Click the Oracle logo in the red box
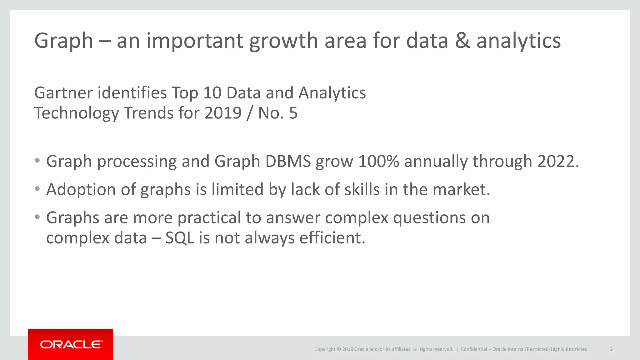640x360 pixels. pyautogui.click(x=71, y=344)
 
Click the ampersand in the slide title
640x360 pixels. pyautogui.click(x=462, y=41)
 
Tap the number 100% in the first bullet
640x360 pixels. pyautogui.click(x=378, y=161)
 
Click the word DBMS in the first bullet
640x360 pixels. pyautogui.click(x=288, y=161)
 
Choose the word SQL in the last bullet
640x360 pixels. pyautogui.click(x=179, y=238)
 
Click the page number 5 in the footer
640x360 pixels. pyautogui.click(x=610, y=349)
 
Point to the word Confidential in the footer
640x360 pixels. pyautogui.click(x=474, y=349)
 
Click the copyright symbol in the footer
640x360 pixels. pyautogui.click(x=339, y=349)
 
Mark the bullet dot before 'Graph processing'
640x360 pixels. pyautogui.click(x=37, y=161)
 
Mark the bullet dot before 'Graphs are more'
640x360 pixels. pyautogui.click(x=37, y=217)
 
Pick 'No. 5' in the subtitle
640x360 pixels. pyautogui.click(x=277, y=113)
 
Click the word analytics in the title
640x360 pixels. pyautogui.click(x=518, y=41)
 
